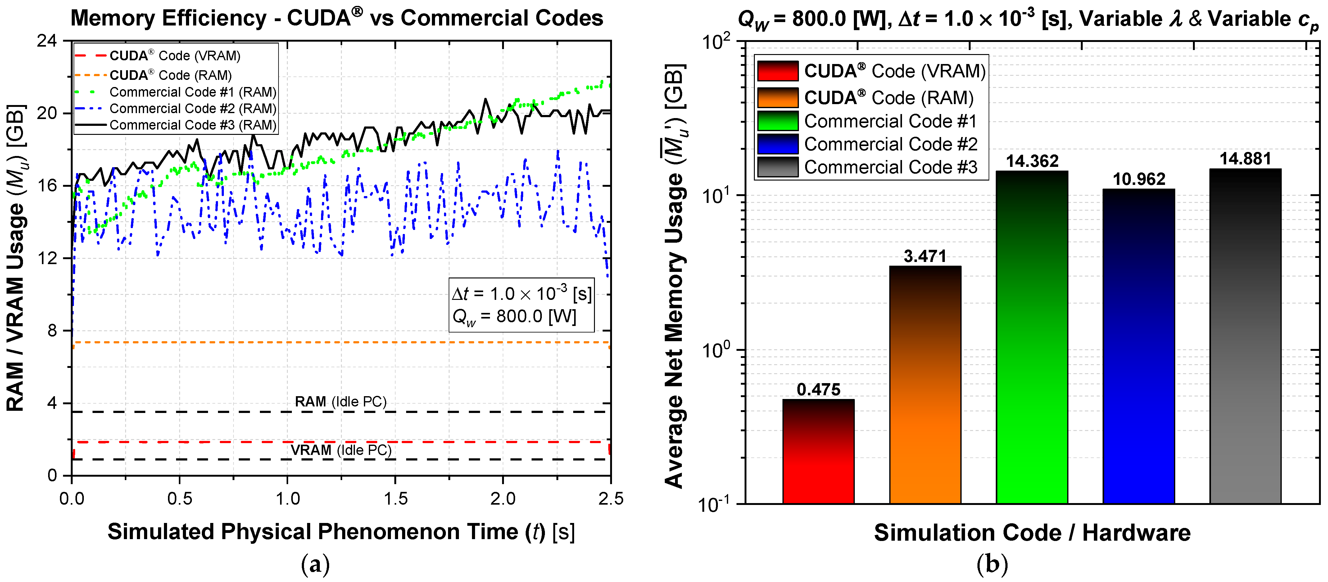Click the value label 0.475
(818, 390)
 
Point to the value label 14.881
(1245, 159)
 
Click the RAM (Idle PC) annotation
(340, 401)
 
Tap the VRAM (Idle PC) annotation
(341, 450)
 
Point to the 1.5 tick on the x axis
(395, 498)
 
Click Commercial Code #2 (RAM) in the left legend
(193, 108)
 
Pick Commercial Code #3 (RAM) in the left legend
(193, 125)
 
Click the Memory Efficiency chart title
(337, 18)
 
